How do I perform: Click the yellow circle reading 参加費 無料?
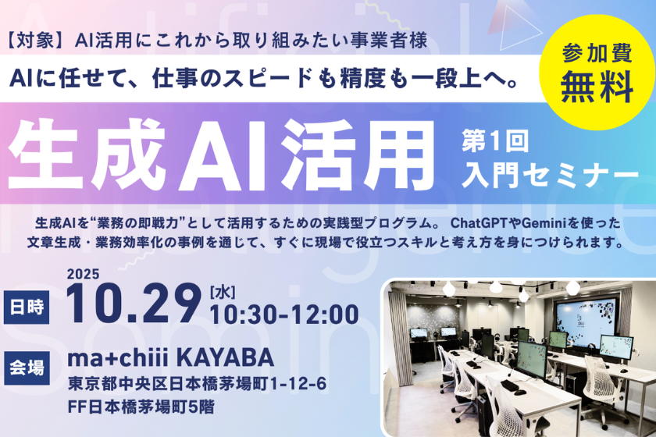click(x=597, y=72)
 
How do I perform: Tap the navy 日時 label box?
click(x=27, y=307)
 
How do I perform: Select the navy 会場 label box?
click(x=27, y=368)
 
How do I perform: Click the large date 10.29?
click(x=134, y=304)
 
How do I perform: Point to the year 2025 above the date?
click(x=84, y=274)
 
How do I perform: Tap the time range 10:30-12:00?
click(x=284, y=314)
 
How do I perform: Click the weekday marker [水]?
click(x=223, y=293)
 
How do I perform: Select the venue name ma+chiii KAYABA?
click(x=171, y=358)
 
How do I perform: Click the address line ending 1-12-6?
click(x=197, y=384)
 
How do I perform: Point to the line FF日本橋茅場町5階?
click(x=141, y=407)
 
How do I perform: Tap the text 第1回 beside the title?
click(x=495, y=141)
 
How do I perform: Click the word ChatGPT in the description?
click(x=479, y=223)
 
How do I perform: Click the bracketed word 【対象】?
click(x=37, y=41)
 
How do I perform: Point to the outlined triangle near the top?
click(x=518, y=24)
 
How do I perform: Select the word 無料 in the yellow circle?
click(x=597, y=87)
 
